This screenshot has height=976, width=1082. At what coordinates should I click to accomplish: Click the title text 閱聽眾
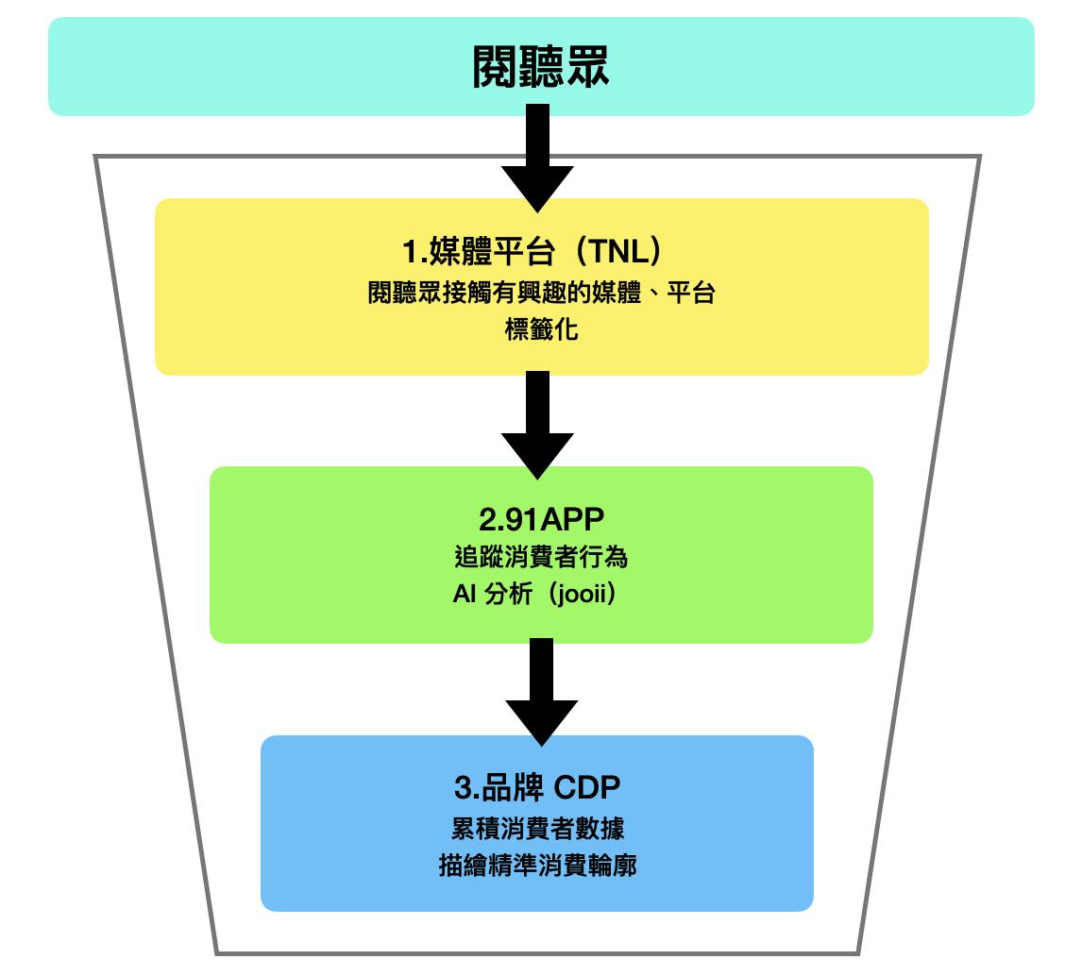pos(541,68)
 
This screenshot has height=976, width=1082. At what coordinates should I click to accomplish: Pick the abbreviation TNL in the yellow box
pos(618,253)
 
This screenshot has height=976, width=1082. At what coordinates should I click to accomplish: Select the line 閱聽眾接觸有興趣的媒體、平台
pos(541,294)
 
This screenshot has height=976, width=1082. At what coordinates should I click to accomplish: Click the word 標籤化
pos(541,331)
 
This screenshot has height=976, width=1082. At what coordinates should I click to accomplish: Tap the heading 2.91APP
pos(540,520)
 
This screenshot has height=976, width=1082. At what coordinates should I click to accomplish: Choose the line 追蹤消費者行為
pos(541,558)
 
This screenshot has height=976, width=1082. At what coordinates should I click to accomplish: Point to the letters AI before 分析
pos(465,597)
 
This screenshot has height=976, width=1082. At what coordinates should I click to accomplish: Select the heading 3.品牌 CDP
pos(537,788)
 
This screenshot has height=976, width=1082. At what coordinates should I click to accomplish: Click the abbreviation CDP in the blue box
pos(586,788)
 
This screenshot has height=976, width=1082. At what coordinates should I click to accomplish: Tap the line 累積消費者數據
pos(537,828)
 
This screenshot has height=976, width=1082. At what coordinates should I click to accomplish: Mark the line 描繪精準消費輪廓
pos(537,866)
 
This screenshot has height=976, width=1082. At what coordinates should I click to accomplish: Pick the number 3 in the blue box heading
pos(461,788)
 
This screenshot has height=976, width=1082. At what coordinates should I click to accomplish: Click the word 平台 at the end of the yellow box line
pos(691,294)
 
